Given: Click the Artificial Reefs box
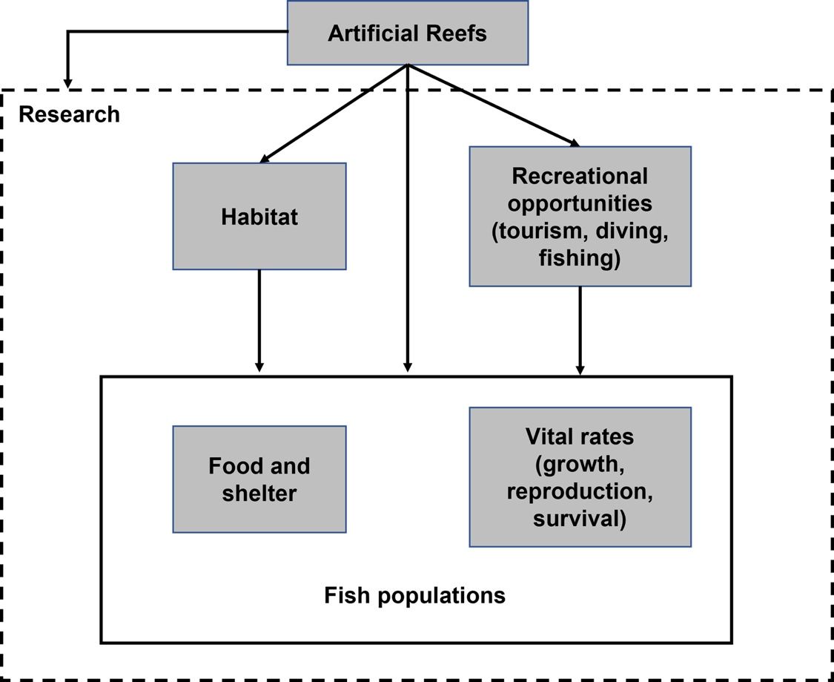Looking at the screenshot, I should [407, 33].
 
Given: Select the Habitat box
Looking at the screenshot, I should [259, 216].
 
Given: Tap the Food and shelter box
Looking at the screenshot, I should [259, 479].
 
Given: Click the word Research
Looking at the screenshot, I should [69, 114].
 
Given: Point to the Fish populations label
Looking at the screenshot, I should [414, 594].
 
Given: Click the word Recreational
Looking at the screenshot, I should [580, 176].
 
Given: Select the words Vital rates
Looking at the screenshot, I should [580, 436].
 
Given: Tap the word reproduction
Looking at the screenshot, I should [580, 491].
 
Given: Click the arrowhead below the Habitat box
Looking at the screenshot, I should [259, 366].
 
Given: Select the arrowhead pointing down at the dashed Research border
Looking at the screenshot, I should [68, 82].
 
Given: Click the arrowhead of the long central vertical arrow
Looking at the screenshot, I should [407, 367].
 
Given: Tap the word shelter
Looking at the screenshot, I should [259, 493].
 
